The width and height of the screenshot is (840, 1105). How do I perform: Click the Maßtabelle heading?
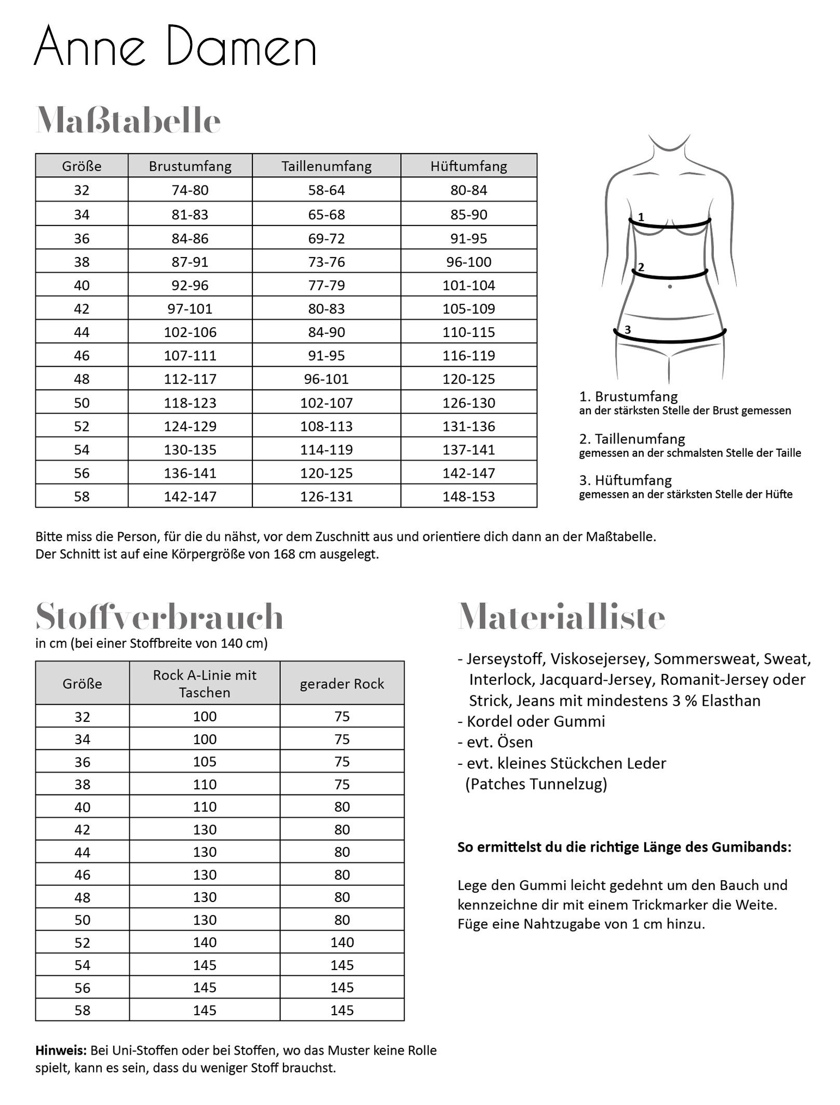coord(128,121)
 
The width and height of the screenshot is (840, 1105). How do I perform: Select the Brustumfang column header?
coord(190,166)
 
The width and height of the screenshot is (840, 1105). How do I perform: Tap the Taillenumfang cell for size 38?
coord(327,262)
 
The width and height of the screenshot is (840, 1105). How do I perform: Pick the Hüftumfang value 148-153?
coord(469,496)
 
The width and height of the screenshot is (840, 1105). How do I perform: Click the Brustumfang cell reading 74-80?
coord(190,190)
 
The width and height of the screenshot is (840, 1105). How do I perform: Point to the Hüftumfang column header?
coord(469,166)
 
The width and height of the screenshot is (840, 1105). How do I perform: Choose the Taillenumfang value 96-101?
coord(327,379)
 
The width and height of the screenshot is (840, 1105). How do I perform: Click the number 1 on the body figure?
coord(641,217)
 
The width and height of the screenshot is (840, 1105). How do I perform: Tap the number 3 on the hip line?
coord(628,329)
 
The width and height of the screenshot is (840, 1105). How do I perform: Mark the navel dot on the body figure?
coord(670,286)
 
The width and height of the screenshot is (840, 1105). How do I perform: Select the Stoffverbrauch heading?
coord(159,617)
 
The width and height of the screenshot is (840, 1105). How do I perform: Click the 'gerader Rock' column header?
coord(342,684)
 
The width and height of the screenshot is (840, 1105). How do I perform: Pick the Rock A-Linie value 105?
coord(205,762)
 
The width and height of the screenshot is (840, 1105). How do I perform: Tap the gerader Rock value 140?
coord(342,942)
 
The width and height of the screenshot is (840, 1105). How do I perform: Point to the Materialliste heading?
coord(561,617)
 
